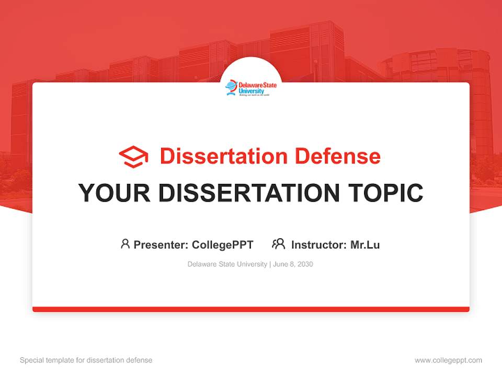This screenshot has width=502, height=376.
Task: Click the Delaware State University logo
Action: click(x=251, y=88)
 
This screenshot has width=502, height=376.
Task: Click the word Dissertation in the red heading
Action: click(x=223, y=156)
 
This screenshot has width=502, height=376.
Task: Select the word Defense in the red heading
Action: click(x=337, y=156)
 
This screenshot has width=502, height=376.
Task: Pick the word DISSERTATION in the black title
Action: click(x=249, y=193)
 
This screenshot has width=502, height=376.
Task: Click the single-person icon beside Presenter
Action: click(x=125, y=244)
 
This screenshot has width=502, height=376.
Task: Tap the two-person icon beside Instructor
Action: click(x=278, y=244)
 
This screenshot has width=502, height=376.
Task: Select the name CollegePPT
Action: click(x=223, y=244)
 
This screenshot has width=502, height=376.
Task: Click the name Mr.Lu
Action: click(x=365, y=244)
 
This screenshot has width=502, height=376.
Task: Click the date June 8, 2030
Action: click(x=293, y=264)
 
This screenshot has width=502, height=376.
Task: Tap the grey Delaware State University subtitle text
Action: click(x=227, y=264)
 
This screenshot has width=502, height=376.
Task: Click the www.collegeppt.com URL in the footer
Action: click(x=448, y=360)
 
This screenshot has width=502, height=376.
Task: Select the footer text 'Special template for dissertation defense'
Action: click(x=86, y=360)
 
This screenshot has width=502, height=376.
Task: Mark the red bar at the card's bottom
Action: click(x=251, y=309)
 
